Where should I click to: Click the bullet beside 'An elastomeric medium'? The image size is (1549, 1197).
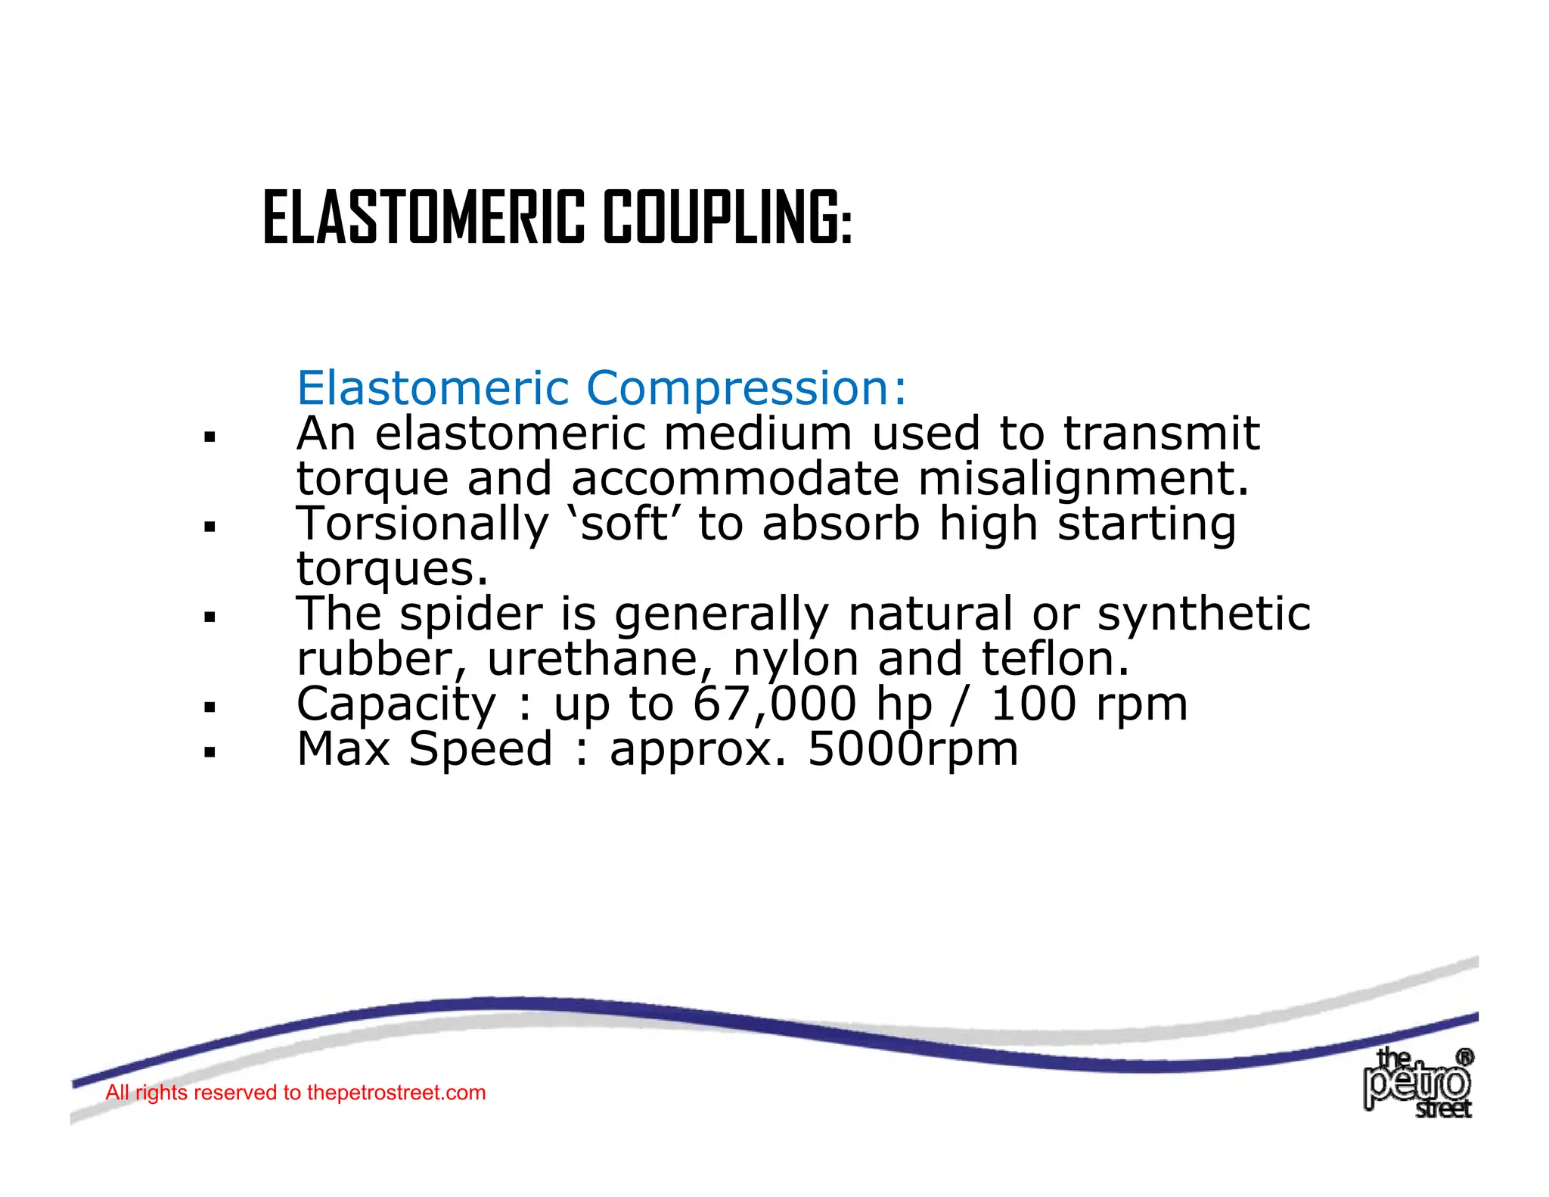[210, 437]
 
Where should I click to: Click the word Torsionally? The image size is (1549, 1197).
[422, 524]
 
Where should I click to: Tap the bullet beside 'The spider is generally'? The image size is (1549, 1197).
[210, 617]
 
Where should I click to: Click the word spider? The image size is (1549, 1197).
[470, 615]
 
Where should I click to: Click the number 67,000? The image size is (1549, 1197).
[774, 704]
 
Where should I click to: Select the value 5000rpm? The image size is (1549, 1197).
[913, 750]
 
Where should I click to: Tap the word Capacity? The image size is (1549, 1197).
[396, 705]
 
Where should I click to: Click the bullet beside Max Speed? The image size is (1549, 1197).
[210, 752]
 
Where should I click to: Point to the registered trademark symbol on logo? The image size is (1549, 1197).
[1465, 1057]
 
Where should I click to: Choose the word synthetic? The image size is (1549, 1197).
[1203, 614]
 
